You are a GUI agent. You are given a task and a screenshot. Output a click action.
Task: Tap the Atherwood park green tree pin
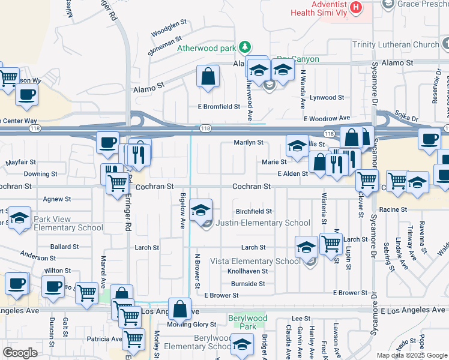coord(244,46)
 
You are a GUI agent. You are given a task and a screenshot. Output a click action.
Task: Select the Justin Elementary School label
coord(262,223)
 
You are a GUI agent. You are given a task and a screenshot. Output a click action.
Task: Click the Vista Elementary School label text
coord(255,261)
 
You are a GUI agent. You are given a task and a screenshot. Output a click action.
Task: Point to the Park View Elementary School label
coord(68,223)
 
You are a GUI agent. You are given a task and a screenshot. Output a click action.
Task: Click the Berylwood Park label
coord(247,322)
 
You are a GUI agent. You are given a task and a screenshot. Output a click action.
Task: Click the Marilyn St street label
coord(249,143)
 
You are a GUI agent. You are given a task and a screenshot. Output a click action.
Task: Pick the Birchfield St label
coord(254,211)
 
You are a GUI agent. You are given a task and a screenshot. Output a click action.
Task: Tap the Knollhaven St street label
coord(247,271)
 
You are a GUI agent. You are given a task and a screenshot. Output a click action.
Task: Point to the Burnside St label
coord(248,283)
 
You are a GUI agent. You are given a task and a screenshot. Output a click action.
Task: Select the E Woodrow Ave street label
coord(327,119)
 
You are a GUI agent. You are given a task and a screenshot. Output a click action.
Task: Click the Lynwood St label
coord(327,97)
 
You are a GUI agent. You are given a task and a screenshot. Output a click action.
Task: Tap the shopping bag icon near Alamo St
coord(208,77)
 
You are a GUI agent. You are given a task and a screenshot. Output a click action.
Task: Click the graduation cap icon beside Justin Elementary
coord(201,210)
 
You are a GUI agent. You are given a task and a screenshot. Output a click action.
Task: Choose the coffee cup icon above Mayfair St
coord(107,143)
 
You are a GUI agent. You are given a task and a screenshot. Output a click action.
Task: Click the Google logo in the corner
coord(20,352)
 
